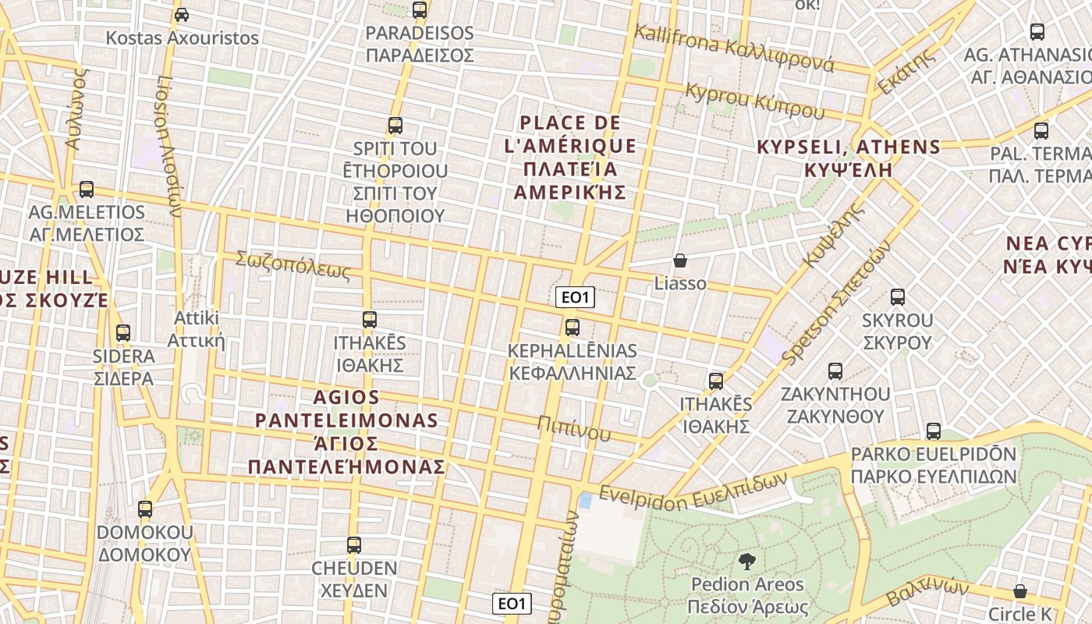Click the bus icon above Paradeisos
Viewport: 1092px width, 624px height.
click(x=420, y=10)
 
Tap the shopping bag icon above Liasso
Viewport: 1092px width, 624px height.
click(x=680, y=261)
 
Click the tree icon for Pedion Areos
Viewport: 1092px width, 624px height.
click(x=746, y=562)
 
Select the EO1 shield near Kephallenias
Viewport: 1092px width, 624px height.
click(x=576, y=297)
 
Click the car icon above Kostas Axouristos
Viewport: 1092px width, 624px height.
click(x=182, y=15)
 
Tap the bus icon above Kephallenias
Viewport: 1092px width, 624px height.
click(x=573, y=328)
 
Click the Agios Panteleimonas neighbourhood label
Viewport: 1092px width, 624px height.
click(x=347, y=432)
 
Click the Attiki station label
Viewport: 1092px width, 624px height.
click(x=197, y=329)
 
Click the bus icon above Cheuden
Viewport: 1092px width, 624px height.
click(x=354, y=545)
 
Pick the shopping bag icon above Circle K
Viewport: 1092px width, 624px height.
click(x=1020, y=591)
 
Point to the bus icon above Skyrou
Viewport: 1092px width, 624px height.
click(x=898, y=297)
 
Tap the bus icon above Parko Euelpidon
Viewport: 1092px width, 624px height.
click(x=934, y=431)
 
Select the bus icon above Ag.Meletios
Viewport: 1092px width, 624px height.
click(x=87, y=190)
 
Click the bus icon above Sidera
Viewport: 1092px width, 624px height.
click(x=123, y=333)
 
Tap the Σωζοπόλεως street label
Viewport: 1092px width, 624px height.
click(x=293, y=265)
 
